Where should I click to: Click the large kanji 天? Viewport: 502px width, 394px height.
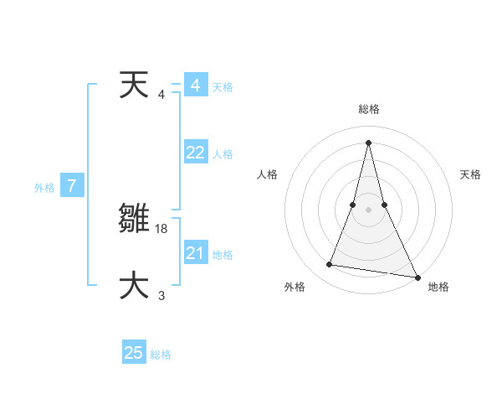133,85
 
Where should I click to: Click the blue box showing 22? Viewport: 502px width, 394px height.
196,153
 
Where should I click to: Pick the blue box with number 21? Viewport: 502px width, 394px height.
196,253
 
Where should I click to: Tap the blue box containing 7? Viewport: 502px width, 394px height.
72,186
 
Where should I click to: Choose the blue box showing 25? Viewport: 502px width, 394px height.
134,353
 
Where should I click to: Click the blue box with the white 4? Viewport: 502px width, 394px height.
196,86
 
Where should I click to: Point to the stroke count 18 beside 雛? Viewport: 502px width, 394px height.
162,228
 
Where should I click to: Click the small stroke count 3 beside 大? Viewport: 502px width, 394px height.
161,295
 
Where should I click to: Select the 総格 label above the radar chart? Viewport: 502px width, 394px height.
368,109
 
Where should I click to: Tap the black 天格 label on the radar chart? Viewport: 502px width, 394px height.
471,174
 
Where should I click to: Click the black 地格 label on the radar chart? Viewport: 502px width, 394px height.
438,287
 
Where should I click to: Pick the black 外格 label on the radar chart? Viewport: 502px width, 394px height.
295,287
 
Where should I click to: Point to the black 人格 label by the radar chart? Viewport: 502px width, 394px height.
268,174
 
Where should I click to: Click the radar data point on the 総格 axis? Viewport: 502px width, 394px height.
368,142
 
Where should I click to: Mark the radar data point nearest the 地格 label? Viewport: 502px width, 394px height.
417,277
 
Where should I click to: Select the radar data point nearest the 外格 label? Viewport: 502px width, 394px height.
329,265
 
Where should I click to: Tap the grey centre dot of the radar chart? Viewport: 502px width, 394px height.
368,210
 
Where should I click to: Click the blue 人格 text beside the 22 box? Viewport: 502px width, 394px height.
223,154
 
